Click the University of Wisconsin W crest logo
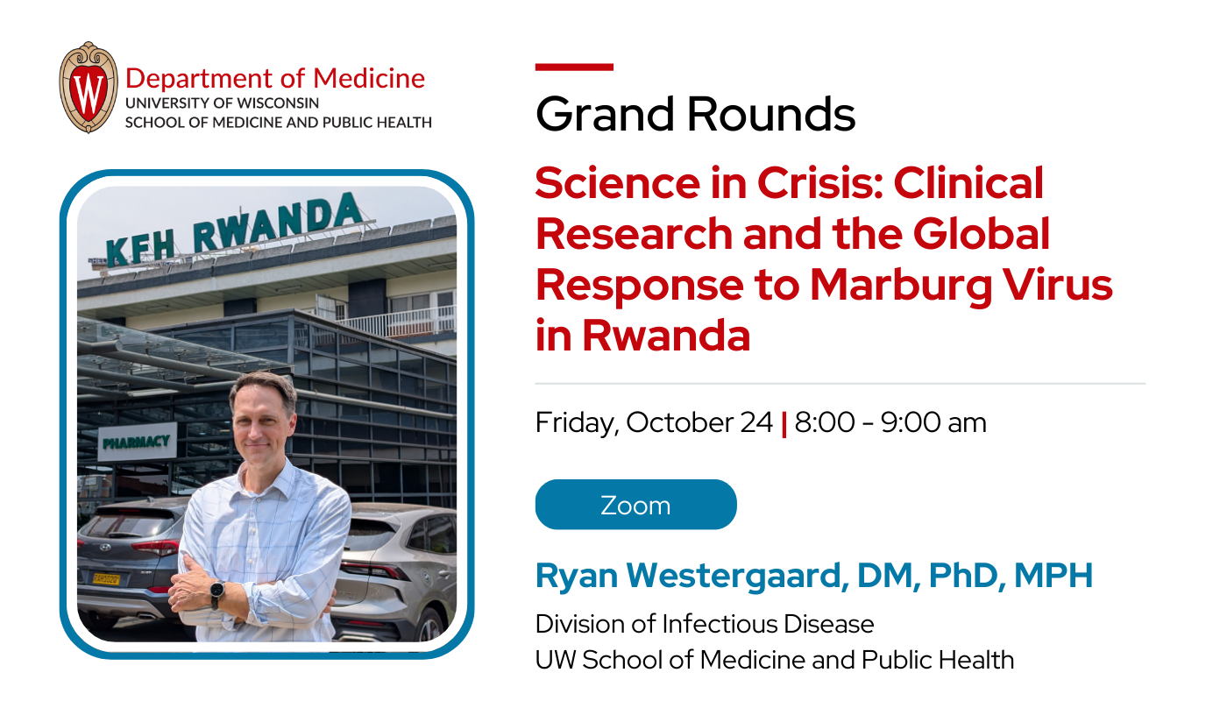click(88, 88)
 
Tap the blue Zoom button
click(635, 505)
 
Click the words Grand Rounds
click(695, 114)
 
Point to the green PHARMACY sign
click(136, 441)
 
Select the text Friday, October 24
click(654, 423)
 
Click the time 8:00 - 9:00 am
click(890, 423)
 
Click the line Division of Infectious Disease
click(705, 624)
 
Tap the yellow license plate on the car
click(107, 578)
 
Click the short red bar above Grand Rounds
click(574, 67)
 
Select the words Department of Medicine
click(275, 78)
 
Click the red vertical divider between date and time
click(784, 424)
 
